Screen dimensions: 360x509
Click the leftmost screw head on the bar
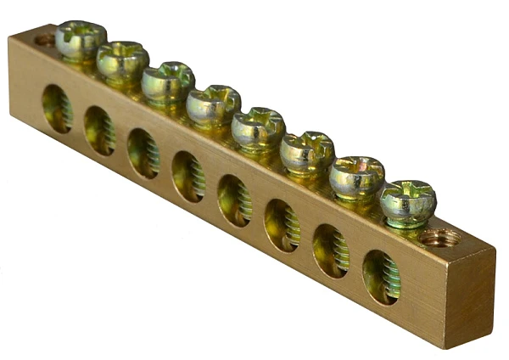[81, 37]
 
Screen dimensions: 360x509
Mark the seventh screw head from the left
[356, 175]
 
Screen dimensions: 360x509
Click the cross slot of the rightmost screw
[408, 200]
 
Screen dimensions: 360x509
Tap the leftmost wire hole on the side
[57, 109]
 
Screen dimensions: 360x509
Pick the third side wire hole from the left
[143, 153]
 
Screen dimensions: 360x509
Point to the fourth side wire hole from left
[187, 176]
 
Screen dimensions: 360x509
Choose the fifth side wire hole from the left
[233, 200]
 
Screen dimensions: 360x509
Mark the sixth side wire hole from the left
[281, 224]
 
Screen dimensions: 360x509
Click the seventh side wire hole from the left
[330, 250]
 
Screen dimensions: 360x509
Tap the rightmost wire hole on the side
[381, 277]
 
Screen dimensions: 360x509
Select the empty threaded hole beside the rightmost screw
[440, 238]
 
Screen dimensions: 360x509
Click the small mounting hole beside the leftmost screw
[44, 39]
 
